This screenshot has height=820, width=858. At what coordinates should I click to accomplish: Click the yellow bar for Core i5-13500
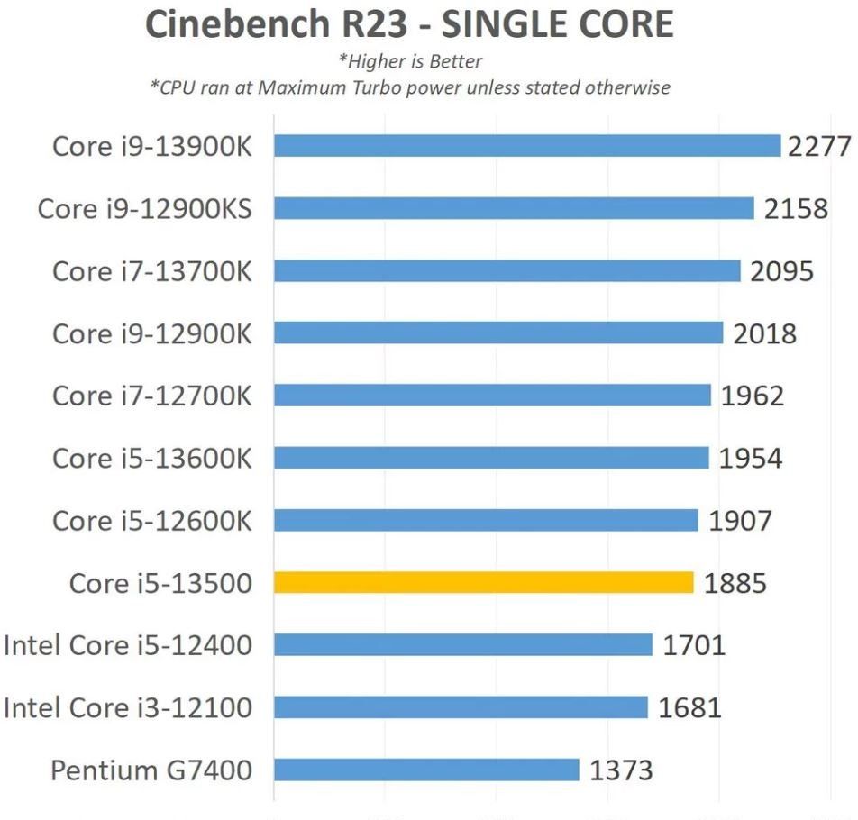coord(483,583)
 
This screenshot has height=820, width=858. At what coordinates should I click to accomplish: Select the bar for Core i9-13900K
coord(526,146)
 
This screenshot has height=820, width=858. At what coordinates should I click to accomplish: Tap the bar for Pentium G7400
coord(426,770)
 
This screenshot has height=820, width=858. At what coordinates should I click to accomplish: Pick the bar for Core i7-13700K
coord(507,271)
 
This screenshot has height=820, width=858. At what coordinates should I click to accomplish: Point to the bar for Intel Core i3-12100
coord(461,707)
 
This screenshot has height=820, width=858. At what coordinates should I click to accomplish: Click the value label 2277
coord(819,146)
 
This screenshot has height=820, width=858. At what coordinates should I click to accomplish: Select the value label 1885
coord(735,583)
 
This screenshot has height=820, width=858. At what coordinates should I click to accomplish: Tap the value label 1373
coord(621,770)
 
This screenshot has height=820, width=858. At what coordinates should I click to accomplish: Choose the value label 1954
coord(750,458)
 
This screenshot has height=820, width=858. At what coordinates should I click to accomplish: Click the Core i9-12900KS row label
coord(144,209)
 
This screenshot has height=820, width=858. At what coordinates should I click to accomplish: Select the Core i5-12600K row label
coord(151,521)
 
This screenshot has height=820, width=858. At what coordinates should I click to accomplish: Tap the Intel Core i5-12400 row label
coord(128,645)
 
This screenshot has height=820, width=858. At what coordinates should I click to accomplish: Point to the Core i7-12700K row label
coord(151,396)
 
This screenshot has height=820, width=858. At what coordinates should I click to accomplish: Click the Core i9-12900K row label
coord(151,333)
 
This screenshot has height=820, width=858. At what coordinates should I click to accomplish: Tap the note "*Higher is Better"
coord(410,62)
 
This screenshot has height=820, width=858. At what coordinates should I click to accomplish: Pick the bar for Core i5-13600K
coord(491,458)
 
